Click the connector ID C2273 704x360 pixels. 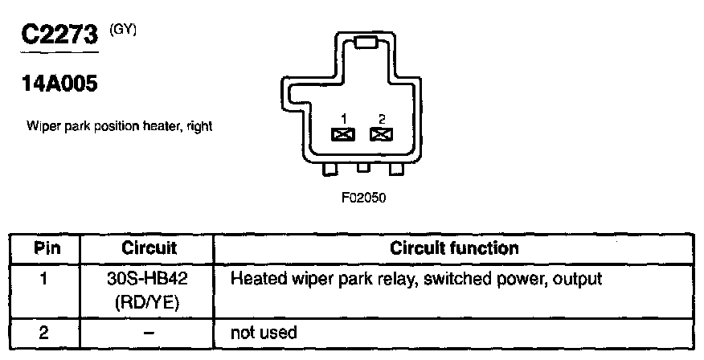click(x=59, y=35)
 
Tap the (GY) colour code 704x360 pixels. click(x=123, y=30)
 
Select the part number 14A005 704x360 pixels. click(x=59, y=84)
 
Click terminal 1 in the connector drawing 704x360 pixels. click(x=343, y=134)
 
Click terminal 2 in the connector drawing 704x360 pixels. click(x=381, y=134)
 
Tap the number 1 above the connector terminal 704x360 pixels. click(x=343, y=119)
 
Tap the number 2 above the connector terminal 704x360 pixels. click(x=382, y=119)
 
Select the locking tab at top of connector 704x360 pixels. click(x=366, y=43)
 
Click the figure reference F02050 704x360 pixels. click(x=363, y=198)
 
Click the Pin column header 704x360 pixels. click(x=47, y=248)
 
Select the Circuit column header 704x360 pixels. click(x=149, y=248)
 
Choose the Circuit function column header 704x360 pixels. click(x=454, y=248)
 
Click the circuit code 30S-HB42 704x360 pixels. click(x=147, y=279)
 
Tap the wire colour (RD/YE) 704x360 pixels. click(x=147, y=303)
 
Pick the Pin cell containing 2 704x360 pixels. click(x=43, y=333)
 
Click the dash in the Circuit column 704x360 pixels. click(x=149, y=333)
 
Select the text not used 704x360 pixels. click(x=264, y=333)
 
